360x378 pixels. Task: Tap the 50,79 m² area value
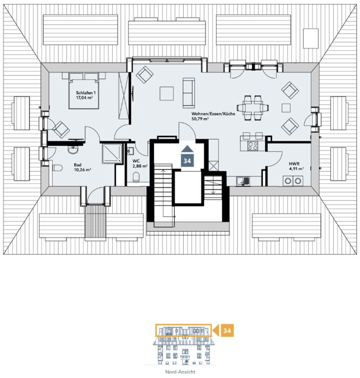[200, 119]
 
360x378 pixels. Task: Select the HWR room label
[294, 164]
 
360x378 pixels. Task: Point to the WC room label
[136, 161]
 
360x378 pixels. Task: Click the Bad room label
[78, 165]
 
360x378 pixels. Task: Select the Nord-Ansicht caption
[180, 372]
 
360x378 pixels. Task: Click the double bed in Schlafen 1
[84, 91]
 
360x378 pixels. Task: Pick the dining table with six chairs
[253, 108]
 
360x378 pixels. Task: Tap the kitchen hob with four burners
[253, 146]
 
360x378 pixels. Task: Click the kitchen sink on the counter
[243, 181]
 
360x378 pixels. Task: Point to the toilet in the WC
[136, 177]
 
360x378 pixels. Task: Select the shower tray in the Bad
[112, 153]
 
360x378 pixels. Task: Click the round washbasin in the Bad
[73, 150]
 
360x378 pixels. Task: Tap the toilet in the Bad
[57, 168]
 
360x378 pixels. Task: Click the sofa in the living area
[189, 93]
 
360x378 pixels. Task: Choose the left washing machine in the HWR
[287, 181]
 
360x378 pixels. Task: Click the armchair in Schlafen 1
[61, 129]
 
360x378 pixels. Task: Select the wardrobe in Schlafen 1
[123, 95]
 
